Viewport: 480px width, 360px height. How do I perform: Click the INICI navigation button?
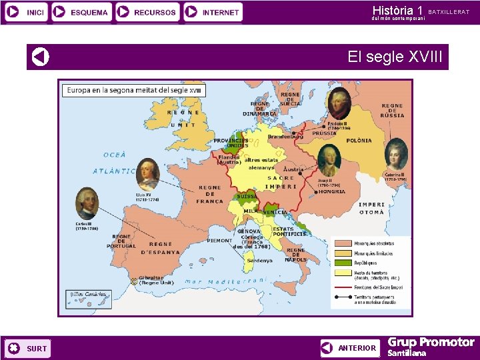pos(25,12)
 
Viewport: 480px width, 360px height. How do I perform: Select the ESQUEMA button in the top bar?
pos(81,12)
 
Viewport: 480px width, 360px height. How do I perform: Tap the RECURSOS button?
pos(147,12)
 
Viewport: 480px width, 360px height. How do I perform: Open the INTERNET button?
pos(213,12)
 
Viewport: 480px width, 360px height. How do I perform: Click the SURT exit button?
pos(27,348)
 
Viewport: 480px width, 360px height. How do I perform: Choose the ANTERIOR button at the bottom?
pos(349,348)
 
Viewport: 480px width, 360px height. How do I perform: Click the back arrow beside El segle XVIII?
pos(41,57)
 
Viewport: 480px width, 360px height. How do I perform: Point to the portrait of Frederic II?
pos(339,103)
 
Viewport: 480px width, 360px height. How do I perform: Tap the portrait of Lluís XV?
pos(148,175)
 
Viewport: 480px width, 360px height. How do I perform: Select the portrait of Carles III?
pos(87,203)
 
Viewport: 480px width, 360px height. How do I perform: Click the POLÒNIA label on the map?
pos(359,141)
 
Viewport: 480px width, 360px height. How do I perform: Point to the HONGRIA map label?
pos(332,191)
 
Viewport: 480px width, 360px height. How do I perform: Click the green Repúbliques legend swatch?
pos(343,263)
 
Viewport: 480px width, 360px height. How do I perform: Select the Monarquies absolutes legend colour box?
pos(343,243)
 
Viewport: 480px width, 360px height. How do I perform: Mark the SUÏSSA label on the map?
pos(247,196)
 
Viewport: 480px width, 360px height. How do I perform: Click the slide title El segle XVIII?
pos(395,57)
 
